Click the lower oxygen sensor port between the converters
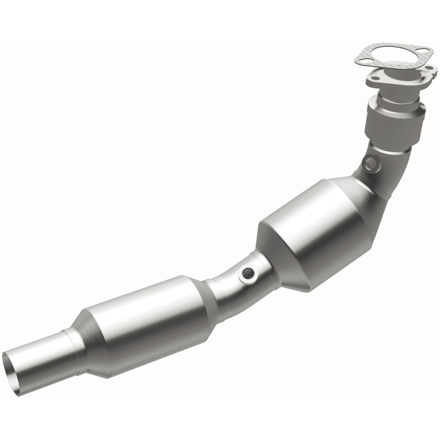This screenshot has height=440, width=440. [249, 273]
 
